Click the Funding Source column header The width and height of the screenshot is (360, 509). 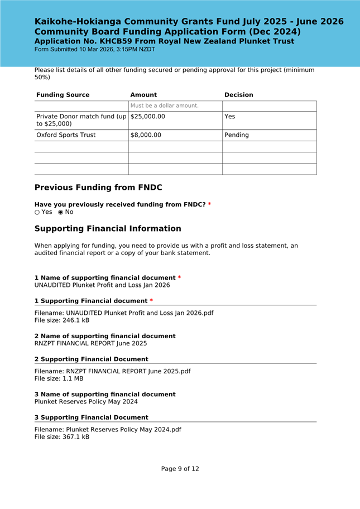point(63,95)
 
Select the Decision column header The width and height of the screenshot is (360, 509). point(238,95)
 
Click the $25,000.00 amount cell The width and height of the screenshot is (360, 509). point(147,117)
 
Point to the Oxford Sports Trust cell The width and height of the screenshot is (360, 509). point(66,135)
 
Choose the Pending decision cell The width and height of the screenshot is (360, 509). point(237,135)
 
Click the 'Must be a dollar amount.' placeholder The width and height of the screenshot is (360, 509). point(164,105)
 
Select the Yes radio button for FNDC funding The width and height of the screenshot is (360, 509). point(37,212)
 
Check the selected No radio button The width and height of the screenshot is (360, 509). point(61,212)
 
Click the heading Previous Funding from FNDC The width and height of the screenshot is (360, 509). point(98,188)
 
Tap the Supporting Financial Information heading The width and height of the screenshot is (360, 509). point(108,229)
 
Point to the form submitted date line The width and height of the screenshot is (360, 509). point(95,50)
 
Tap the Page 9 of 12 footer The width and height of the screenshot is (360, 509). point(180,469)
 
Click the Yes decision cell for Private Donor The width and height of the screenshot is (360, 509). point(229,117)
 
